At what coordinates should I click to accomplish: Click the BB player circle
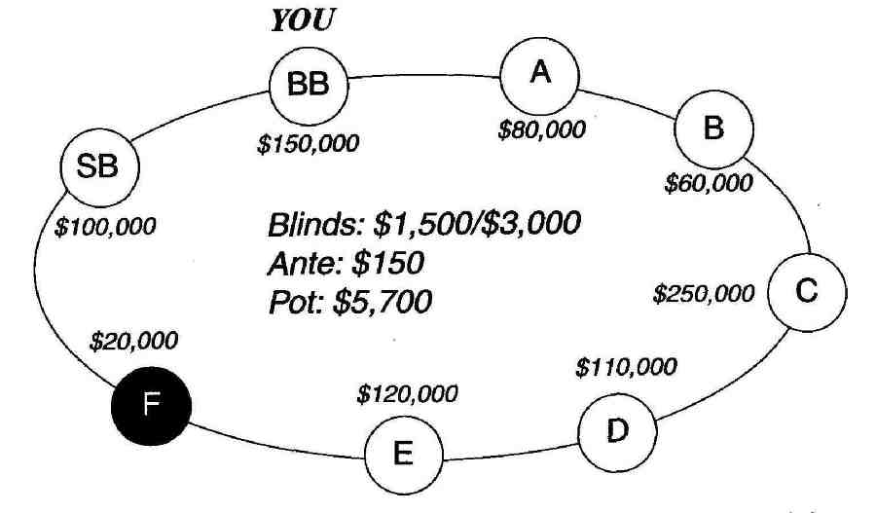pos(309,86)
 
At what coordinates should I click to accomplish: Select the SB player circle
pos(99,167)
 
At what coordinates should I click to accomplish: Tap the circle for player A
pos(539,76)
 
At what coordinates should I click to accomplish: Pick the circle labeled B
pos(714,129)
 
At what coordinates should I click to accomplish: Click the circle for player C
pos(807,292)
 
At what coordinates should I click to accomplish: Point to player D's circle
pos(617,432)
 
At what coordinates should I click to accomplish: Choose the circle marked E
pos(404,455)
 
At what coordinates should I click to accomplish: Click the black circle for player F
pos(152,406)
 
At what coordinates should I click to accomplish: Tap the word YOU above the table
pos(303,20)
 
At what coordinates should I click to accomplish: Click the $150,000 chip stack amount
pos(308,144)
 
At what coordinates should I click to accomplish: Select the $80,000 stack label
pos(542,130)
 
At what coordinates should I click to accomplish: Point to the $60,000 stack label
pos(709,183)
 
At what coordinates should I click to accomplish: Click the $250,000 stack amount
pos(704,294)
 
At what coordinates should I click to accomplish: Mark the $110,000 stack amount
pos(626,368)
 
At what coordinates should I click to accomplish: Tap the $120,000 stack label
pos(407,394)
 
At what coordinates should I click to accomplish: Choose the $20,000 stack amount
pos(133,341)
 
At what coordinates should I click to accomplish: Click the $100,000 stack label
pos(105,227)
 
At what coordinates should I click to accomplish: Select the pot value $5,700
pos(383,303)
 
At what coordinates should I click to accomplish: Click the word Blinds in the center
pos(317,225)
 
